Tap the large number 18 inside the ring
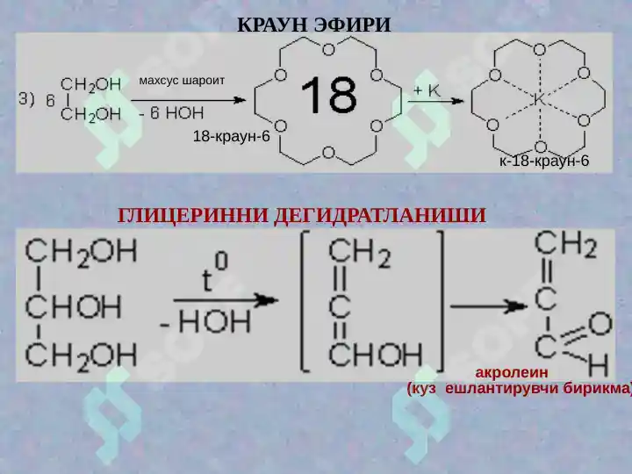click(328, 96)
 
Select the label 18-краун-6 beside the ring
click(232, 136)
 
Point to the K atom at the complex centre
click(539, 99)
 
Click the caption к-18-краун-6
click(544, 161)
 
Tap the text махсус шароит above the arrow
click(182, 80)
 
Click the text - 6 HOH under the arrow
click(171, 113)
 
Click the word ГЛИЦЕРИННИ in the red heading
click(192, 216)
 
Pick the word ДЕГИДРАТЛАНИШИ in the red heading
click(380, 216)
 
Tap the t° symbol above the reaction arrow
click(214, 274)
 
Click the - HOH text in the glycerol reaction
click(205, 321)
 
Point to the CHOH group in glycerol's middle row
click(73, 306)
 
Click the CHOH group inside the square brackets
click(376, 354)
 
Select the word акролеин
click(512, 372)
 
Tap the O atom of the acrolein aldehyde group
click(601, 324)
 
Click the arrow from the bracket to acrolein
click(489, 306)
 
